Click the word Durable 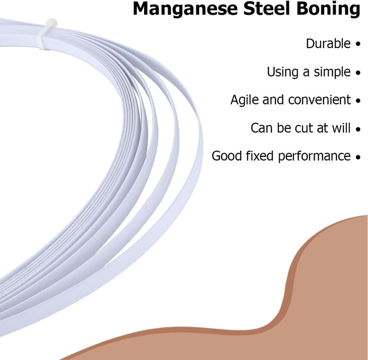pyautogui.click(x=328, y=43)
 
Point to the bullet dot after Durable pyautogui.click(x=358, y=44)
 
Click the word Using pyautogui.click(x=283, y=72)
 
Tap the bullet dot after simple pyautogui.click(x=358, y=73)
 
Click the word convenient pyautogui.click(x=319, y=100)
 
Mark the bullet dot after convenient pyautogui.click(x=358, y=101)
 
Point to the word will pyautogui.click(x=341, y=128)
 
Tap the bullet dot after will pyautogui.click(x=358, y=129)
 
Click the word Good pyautogui.click(x=226, y=156)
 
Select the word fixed pyautogui.click(x=260, y=156)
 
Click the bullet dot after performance pyautogui.click(x=358, y=157)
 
